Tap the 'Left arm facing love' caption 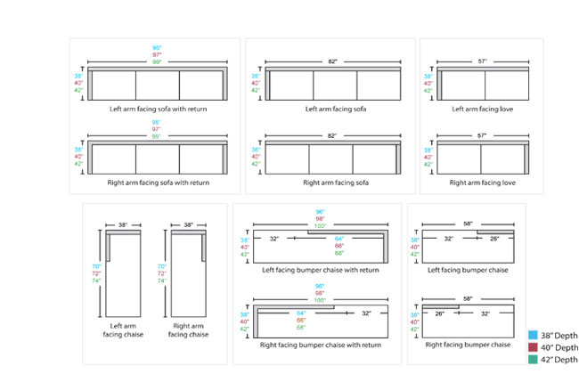[x=484, y=110]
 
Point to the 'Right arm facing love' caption [x=484, y=183]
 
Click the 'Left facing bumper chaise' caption [x=468, y=270]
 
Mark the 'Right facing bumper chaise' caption [x=468, y=344]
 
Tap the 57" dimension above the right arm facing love [x=484, y=136]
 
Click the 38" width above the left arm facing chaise [x=123, y=225]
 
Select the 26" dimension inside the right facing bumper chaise [x=440, y=313]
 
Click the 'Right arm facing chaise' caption [x=188, y=329]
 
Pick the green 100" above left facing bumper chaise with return [x=321, y=226]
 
